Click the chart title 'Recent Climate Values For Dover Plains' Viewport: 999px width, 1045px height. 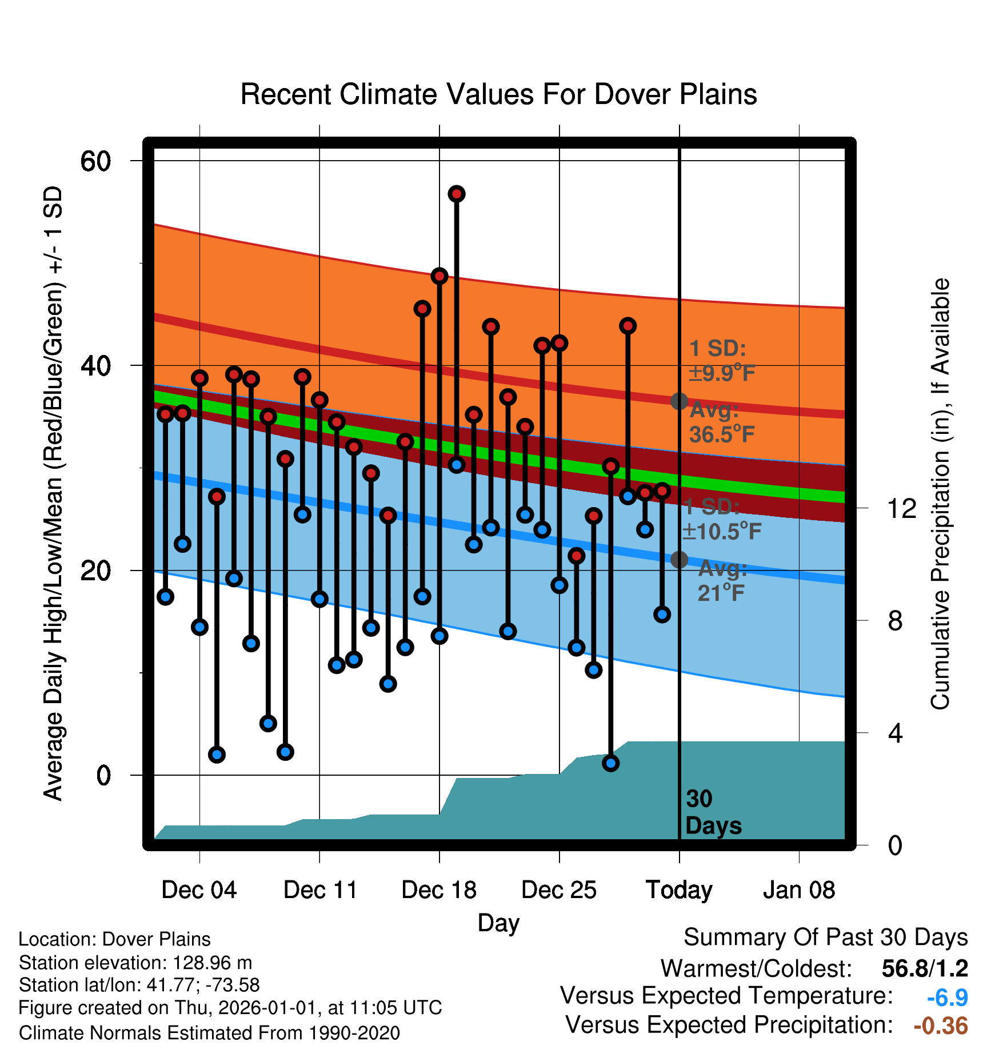click(498, 94)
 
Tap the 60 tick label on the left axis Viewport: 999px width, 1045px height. click(95, 161)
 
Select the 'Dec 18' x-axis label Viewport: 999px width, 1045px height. click(439, 890)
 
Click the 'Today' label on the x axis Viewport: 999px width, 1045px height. click(679, 891)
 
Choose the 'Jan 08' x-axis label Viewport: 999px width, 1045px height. click(799, 890)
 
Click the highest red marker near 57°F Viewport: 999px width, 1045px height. click(456, 194)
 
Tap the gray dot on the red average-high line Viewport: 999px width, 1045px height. click(679, 401)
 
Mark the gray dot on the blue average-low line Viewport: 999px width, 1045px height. click(679, 560)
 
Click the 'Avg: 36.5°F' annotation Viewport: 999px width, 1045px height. click(722, 422)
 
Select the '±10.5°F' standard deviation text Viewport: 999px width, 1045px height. click(722, 532)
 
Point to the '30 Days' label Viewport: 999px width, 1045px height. click(713, 812)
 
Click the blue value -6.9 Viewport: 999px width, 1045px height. click(947, 998)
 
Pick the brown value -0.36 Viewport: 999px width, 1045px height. click(941, 1026)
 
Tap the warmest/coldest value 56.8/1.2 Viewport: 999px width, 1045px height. click(925, 968)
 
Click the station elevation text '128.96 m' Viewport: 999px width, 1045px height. click(212, 963)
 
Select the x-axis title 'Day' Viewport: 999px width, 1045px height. click(498, 923)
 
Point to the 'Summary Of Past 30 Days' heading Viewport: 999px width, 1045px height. click(826, 938)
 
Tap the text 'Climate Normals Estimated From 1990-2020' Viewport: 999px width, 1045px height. click(209, 1033)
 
